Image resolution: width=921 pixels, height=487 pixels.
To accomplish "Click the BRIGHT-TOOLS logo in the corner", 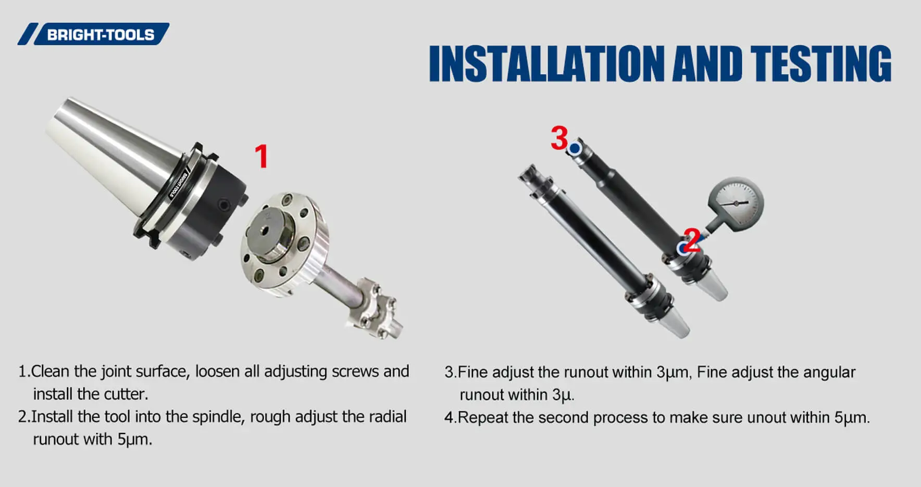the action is tap(93, 34).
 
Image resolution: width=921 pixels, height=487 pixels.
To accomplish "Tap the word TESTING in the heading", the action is tap(821, 63).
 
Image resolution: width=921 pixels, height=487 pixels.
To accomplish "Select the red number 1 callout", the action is tap(262, 156).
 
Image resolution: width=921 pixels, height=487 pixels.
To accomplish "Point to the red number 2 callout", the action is tap(692, 240).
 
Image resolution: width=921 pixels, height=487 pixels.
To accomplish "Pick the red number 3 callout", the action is tap(559, 138).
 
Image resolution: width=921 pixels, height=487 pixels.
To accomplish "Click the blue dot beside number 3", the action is tap(575, 148).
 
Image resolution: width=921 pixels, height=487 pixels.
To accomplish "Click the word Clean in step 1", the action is tap(50, 371).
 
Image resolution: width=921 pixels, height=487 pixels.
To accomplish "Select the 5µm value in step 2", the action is tap(133, 440).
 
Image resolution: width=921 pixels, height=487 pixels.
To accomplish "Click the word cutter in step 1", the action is tap(125, 394).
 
